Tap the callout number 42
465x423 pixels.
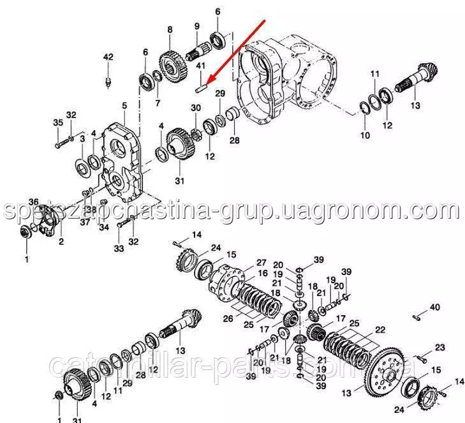click(x=108, y=57)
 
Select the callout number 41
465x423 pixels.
click(x=200, y=66)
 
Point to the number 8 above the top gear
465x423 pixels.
click(x=170, y=29)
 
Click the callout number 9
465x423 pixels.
click(x=196, y=26)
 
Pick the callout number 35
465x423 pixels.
click(x=57, y=122)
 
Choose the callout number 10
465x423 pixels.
click(x=365, y=135)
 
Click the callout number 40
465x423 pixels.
click(x=434, y=308)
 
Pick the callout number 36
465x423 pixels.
click(x=33, y=202)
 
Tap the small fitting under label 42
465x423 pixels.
click(x=108, y=81)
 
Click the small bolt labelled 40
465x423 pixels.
click(x=415, y=315)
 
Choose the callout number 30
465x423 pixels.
click(x=196, y=107)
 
